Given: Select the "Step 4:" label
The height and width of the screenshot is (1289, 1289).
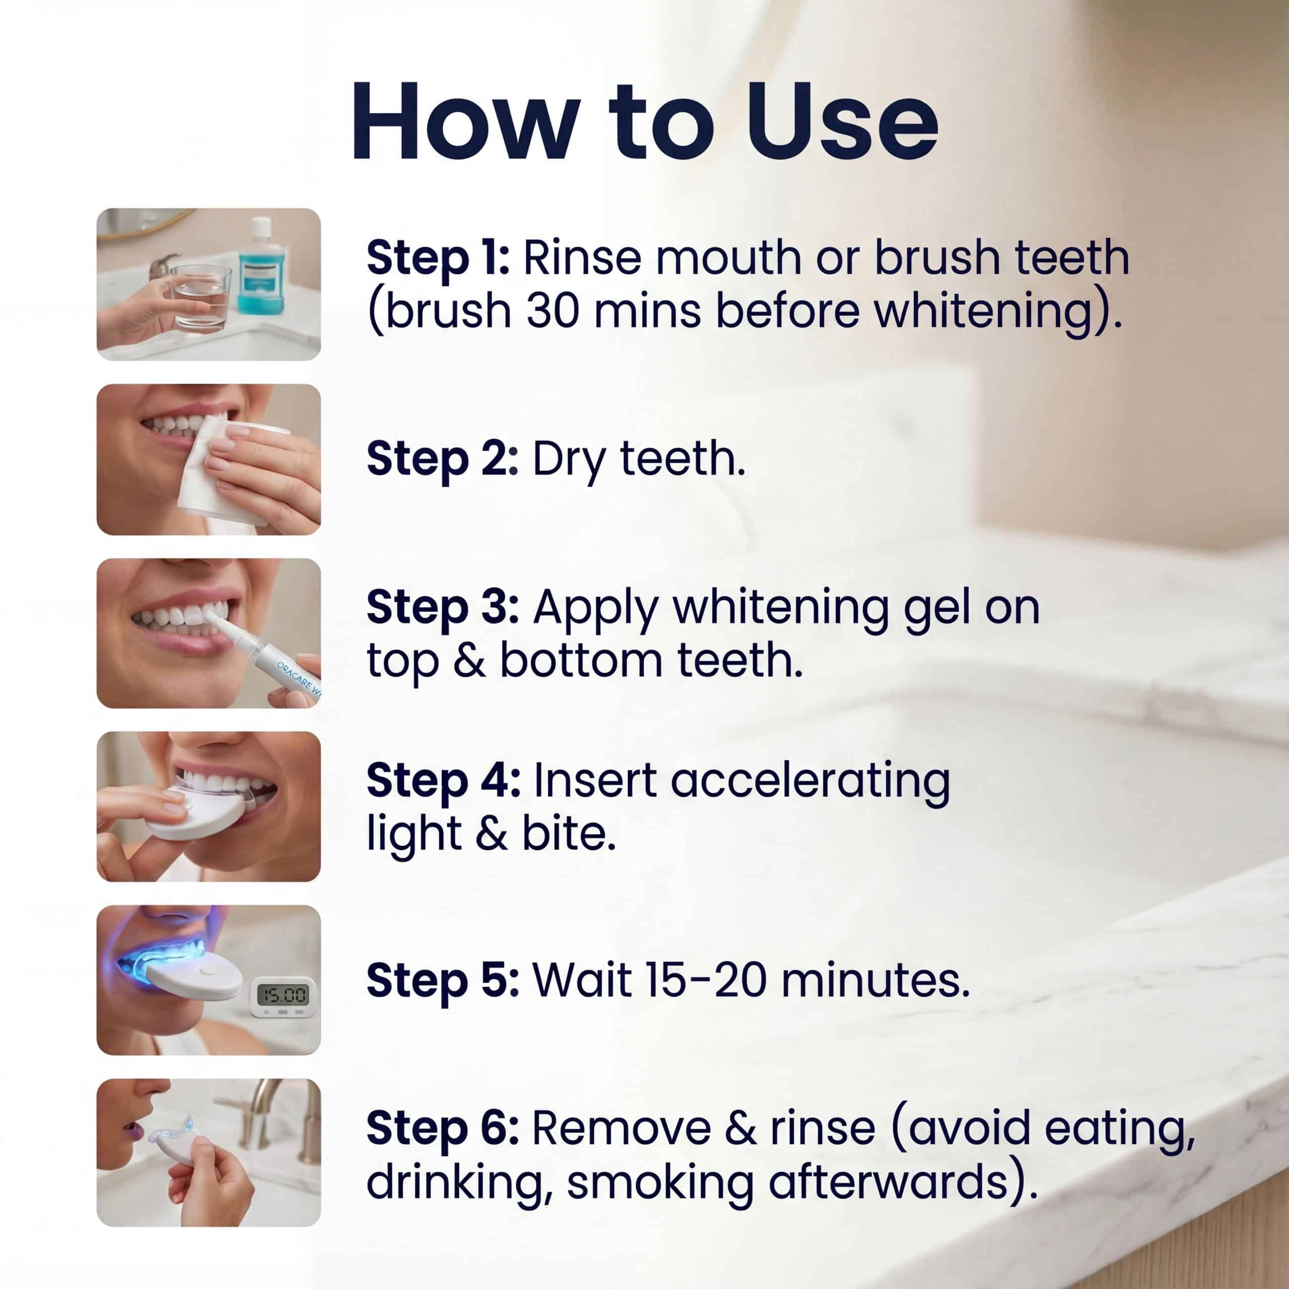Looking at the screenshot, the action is (x=444, y=780).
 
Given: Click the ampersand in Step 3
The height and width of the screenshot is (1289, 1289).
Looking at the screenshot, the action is (x=469, y=661).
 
